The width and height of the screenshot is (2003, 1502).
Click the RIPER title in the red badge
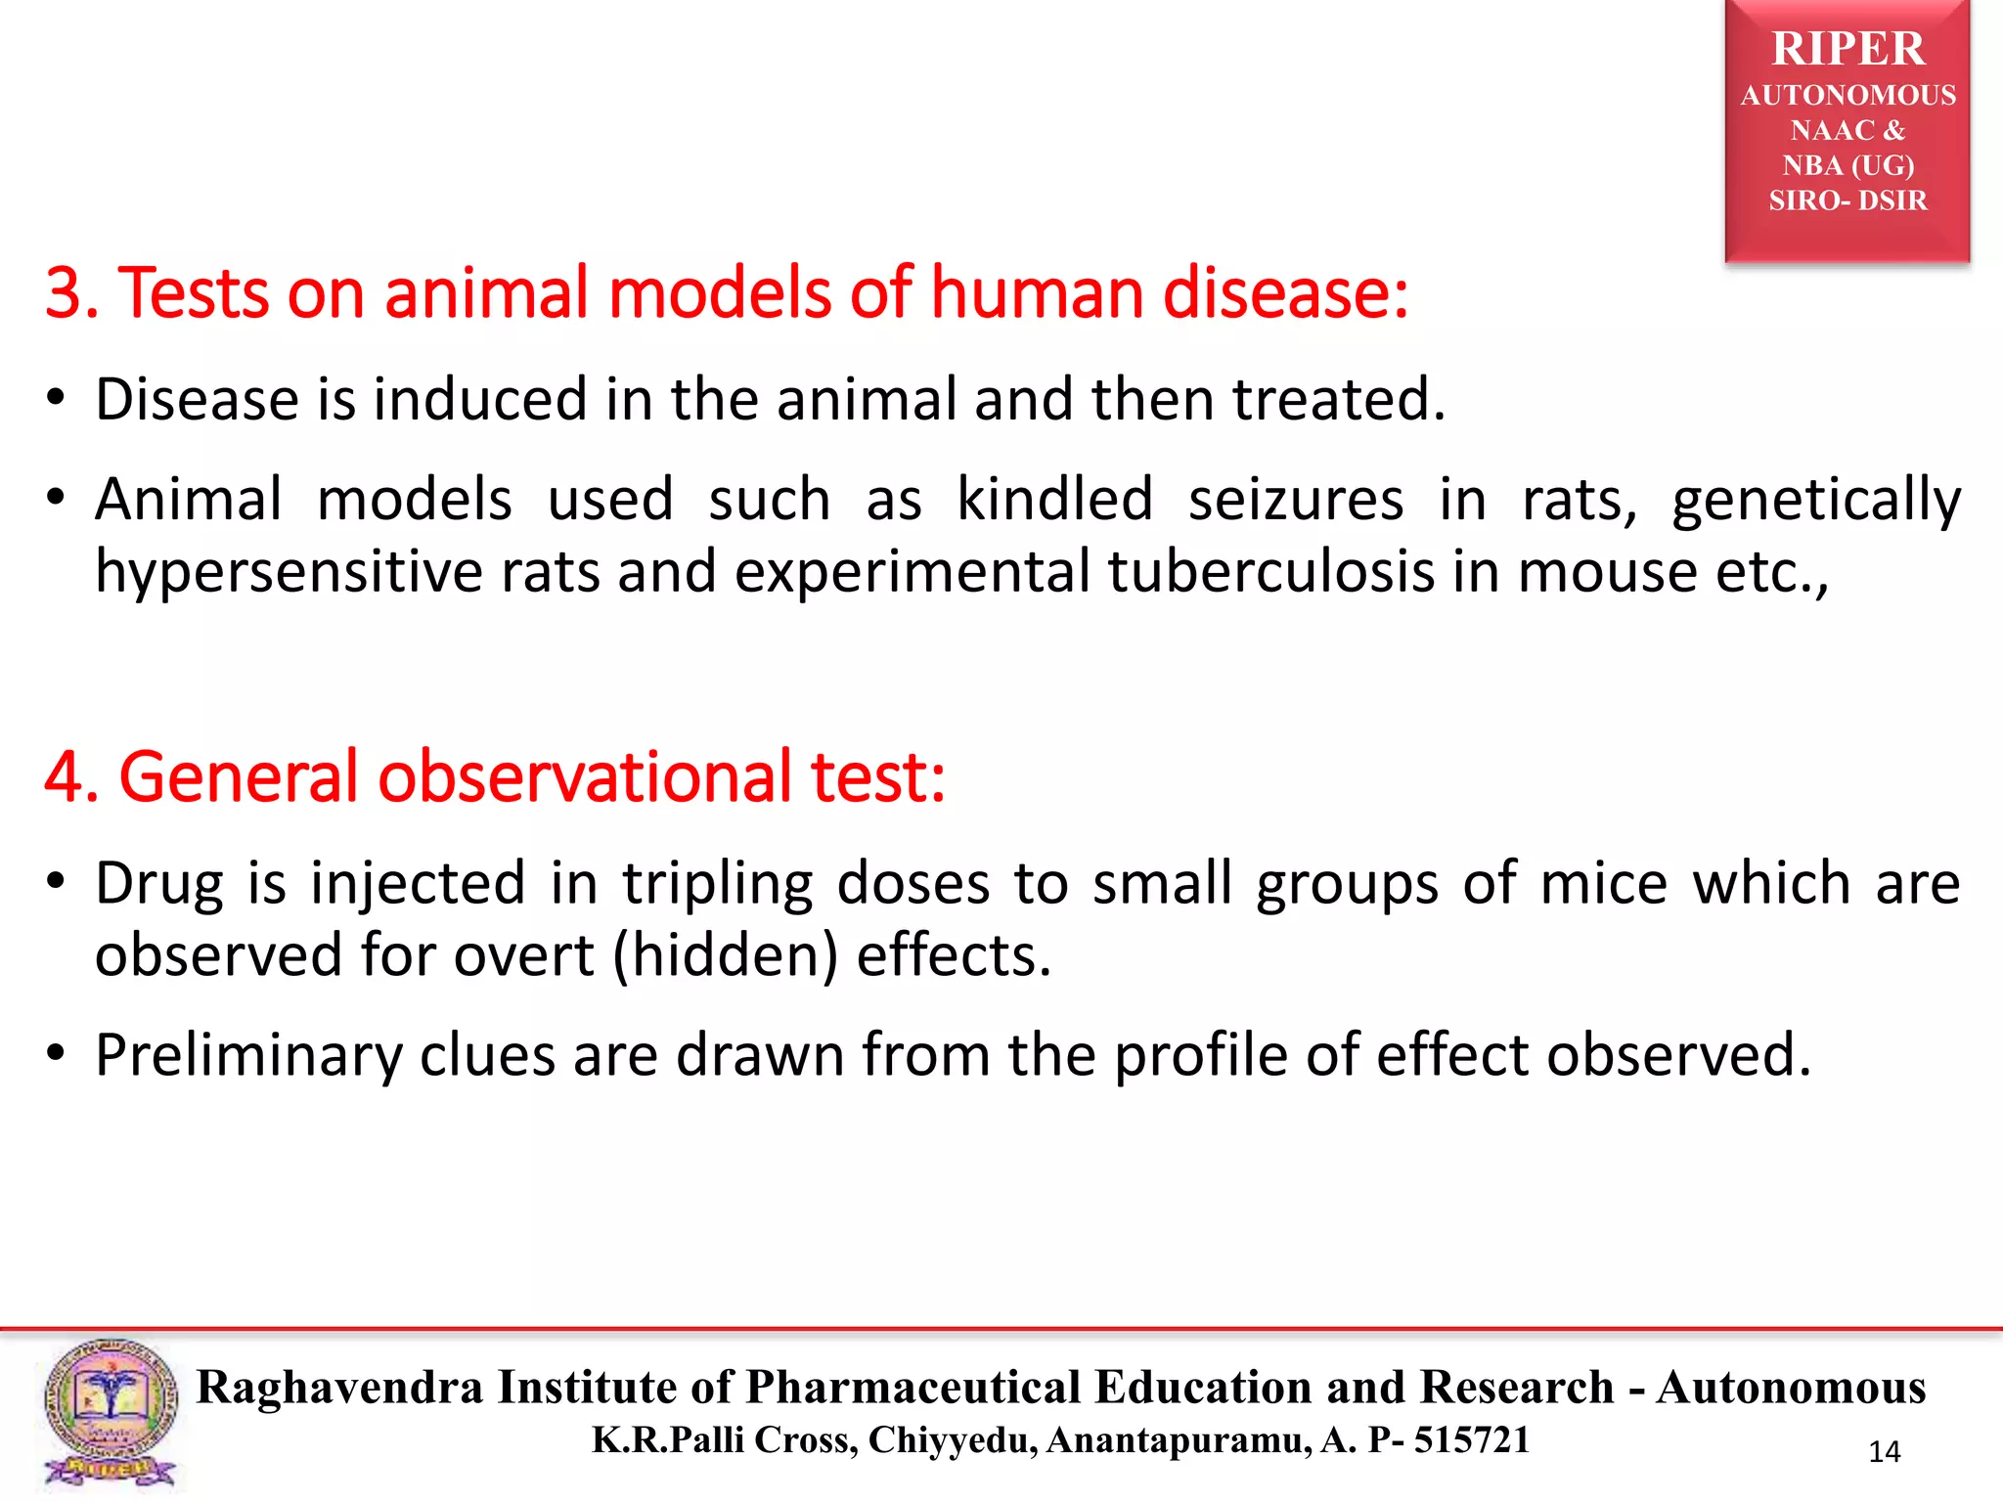pos(1847,49)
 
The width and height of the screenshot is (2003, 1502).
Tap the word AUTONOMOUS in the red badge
pos(1847,95)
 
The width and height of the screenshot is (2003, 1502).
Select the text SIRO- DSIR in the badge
pos(1847,200)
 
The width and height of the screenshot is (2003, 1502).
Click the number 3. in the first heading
pos(71,293)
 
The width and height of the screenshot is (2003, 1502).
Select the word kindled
pos(1054,499)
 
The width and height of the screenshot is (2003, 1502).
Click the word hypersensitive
pos(289,571)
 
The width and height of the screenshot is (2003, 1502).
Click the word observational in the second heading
pos(585,776)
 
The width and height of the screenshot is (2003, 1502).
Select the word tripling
pos(717,884)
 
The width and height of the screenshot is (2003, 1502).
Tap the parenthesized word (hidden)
pos(725,955)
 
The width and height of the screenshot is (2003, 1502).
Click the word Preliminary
pos(248,1055)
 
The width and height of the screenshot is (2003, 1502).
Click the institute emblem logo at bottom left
pos(111,1413)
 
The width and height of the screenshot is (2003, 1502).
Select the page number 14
pos(1884,1452)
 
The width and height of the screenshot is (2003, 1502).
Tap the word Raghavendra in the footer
pos(339,1388)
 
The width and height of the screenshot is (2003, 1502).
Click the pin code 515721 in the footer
pos(1472,1440)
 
